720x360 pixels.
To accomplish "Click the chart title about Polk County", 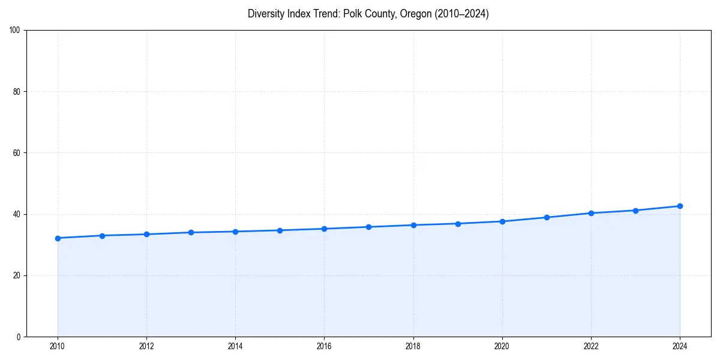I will [368, 14].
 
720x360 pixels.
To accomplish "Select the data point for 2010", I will [58, 238].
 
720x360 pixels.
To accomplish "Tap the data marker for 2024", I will [680, 206].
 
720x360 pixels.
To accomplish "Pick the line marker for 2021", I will [547, 217].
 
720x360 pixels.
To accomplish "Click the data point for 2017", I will [368, 227].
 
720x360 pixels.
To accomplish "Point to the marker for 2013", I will [191, 232].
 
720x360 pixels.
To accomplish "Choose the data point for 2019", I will [458, 224].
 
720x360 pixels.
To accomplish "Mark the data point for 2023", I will [635, 211].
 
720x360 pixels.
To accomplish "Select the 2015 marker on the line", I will [280, 230].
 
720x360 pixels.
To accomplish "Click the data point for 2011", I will [102, 236].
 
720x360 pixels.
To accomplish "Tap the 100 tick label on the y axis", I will [15, 31].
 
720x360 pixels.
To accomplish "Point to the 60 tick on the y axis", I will [17, 153].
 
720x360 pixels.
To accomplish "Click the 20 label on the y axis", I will [17, 275].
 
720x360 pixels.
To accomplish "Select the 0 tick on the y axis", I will [19, 337].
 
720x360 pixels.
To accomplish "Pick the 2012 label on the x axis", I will [146, 346].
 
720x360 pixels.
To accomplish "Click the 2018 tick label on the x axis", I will [413, 346].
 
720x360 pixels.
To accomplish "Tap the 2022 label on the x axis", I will [591, 346].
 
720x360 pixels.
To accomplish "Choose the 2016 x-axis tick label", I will [324, 346].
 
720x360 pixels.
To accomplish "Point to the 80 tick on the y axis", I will [17, 92].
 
